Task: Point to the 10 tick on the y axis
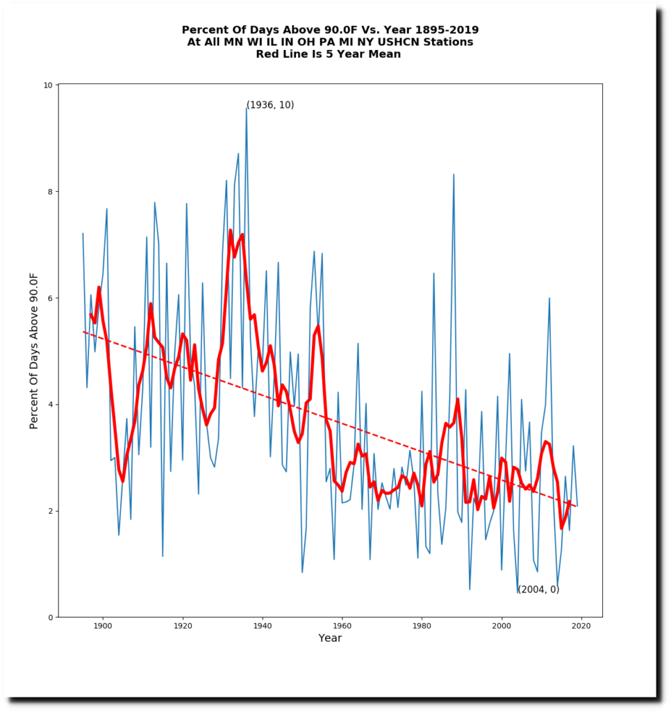[x=48, y=85]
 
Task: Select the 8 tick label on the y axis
[x=50, y=191]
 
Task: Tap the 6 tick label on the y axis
[x=50, y=298]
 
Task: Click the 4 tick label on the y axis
[x=50, y=404]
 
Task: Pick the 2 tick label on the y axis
[x=50, y=511]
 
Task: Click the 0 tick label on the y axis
[x=50, y=617]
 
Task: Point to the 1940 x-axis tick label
[x=263, y=626]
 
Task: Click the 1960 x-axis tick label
[x=342, y=626]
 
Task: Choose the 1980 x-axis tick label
[x=422, y=626]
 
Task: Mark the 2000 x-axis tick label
[x=502, y=626]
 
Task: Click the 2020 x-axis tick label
[x=581, y=626]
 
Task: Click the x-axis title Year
[x=330, y=638]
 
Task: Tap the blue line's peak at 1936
[x=247, y=107]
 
